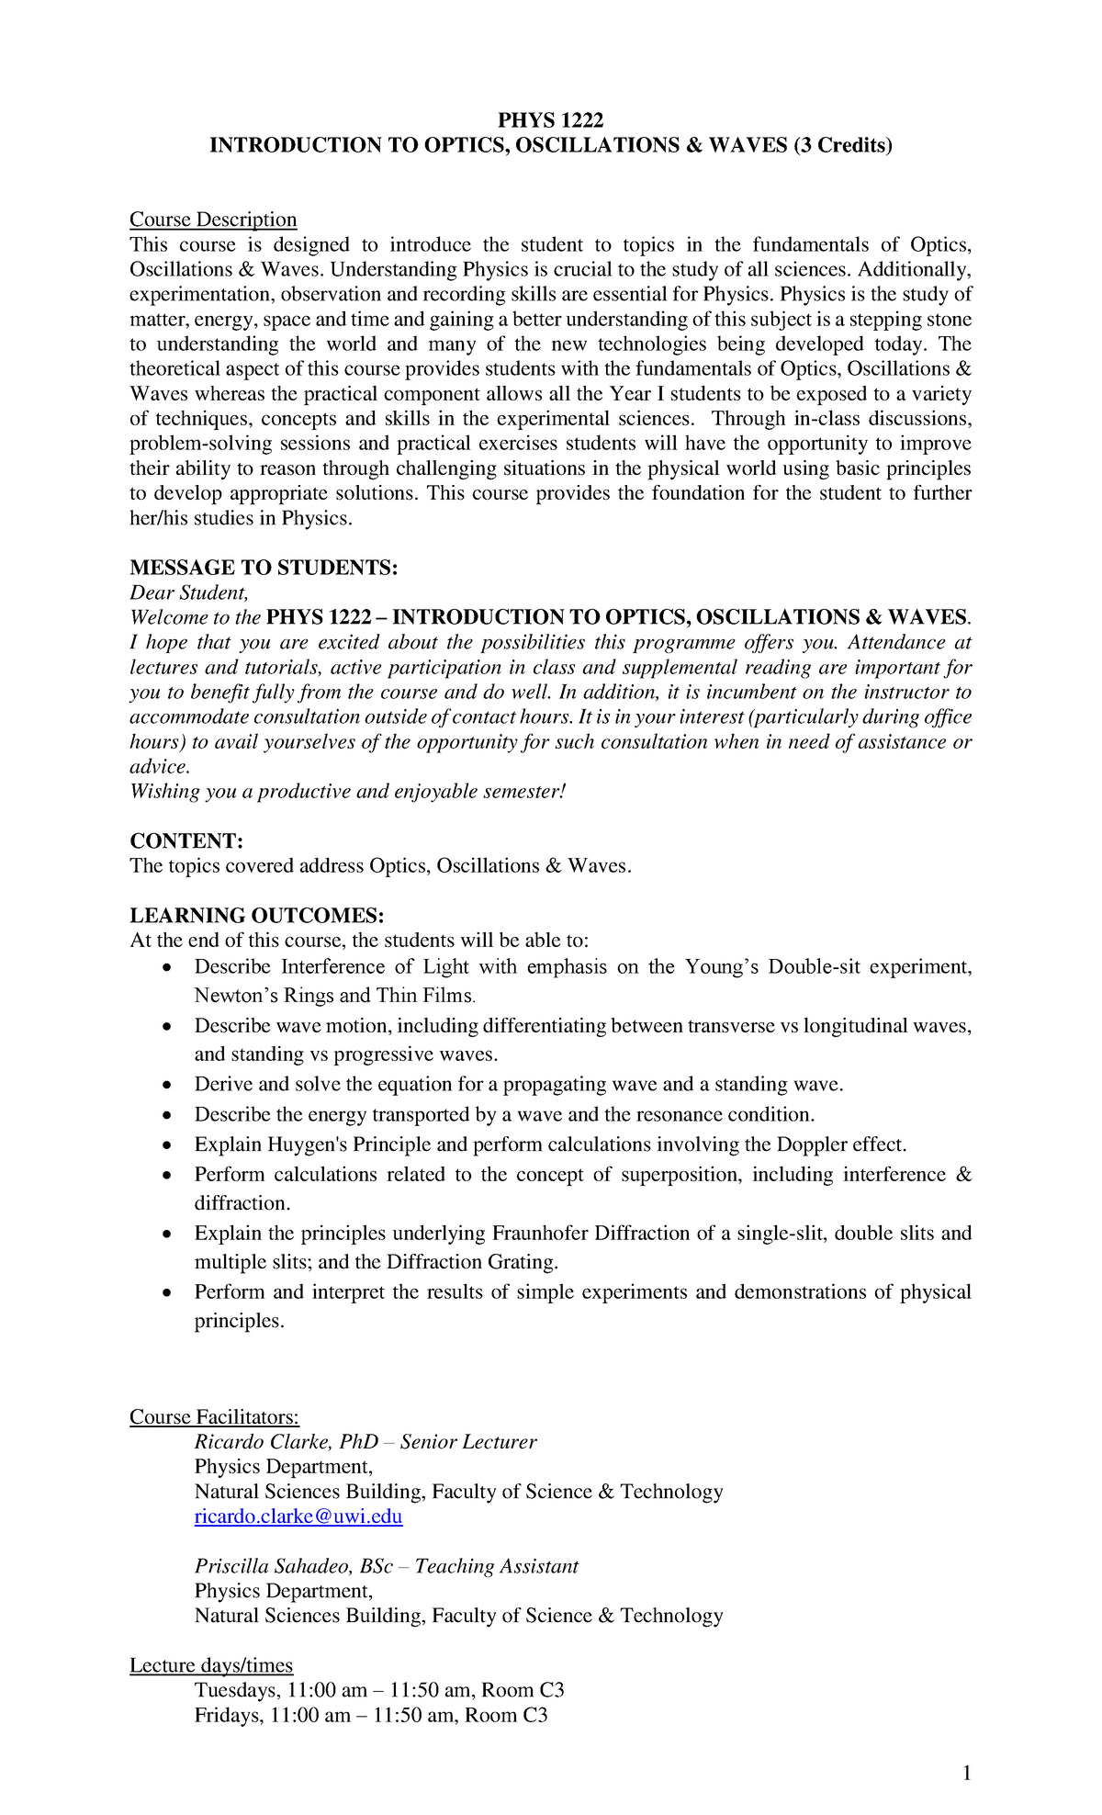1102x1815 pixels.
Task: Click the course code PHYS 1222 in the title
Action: tap(551, 120)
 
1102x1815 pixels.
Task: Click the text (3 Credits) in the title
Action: tap(843, 145)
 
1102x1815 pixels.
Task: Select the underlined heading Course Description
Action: tap(213, 220)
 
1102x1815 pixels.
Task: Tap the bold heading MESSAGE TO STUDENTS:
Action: tap(264, 568)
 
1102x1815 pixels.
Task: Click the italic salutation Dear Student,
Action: tap(189, 592)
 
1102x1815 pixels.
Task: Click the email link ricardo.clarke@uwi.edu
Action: tap(298, 1516)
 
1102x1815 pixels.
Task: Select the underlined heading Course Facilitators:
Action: tap(214, 1417)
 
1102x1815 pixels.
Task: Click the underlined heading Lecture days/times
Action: tap(211, 1665)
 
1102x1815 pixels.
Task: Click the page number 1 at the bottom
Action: tap(966, 1774)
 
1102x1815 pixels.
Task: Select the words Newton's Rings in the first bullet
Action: tap(264, 996)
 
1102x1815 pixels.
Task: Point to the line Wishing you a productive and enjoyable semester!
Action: tap(348, 792)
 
